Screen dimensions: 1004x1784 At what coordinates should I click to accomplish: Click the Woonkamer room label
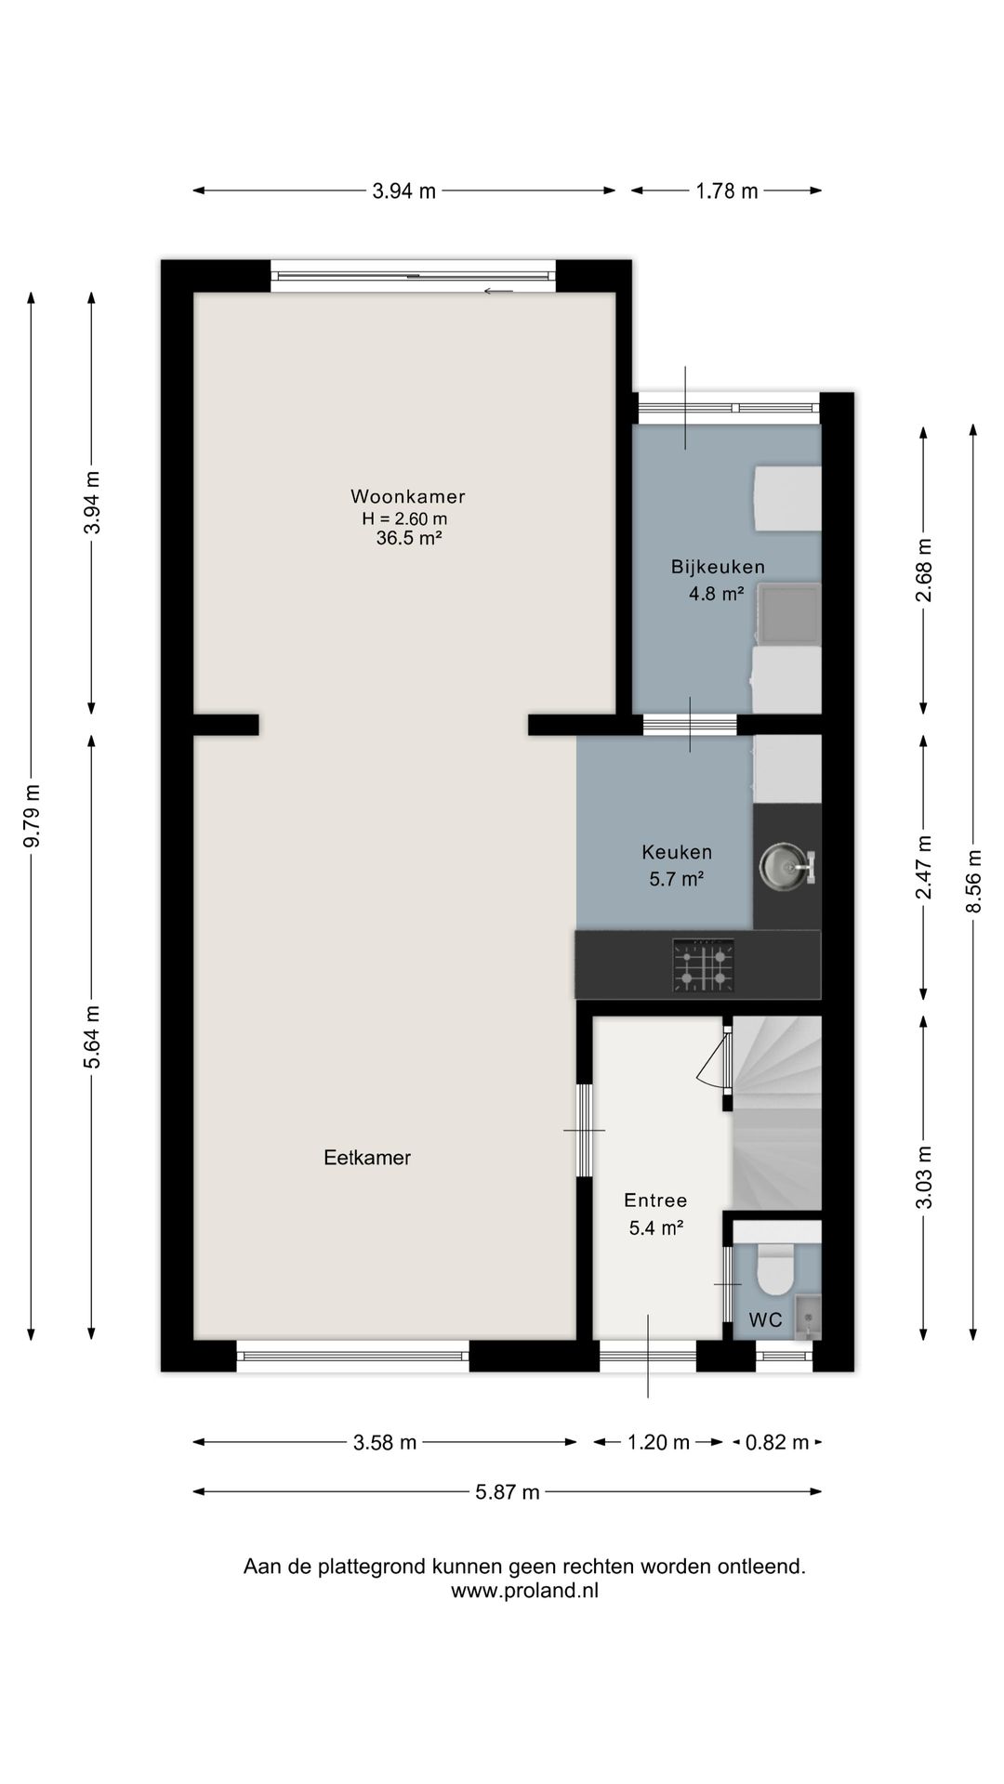tap(408, 496)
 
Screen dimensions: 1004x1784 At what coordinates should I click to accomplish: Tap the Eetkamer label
tap(367, 1158)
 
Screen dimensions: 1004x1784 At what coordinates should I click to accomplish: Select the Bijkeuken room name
tap(718, 567)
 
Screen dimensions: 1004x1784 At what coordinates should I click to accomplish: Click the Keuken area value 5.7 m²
tap(676, 878)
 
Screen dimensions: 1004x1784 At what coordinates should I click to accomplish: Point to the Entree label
tap(655, 1200)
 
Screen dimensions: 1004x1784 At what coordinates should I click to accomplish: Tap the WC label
tap(765, 1319)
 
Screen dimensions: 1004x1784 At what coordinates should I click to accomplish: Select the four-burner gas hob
tap(703, 965)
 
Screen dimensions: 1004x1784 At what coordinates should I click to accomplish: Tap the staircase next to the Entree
tap(777, 1112)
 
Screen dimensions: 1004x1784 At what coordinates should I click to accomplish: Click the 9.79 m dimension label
tap(32, 816)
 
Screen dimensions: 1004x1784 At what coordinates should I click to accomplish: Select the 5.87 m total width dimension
tap(507, 1492)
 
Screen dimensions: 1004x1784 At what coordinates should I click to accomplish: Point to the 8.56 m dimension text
tap(973, 881)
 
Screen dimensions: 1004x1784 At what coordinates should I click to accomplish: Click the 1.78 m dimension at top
tap(727, 191)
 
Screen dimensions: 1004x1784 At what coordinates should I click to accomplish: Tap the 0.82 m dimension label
tap(777, 1443)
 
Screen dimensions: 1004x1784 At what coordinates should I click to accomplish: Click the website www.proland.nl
tap(524, 1591)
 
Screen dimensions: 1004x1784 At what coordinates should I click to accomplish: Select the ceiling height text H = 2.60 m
tap(404, 519)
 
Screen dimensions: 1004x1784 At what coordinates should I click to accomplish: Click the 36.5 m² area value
tap(408, 539)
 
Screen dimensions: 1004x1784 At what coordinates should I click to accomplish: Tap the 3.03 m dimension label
tap(924, 1177)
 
